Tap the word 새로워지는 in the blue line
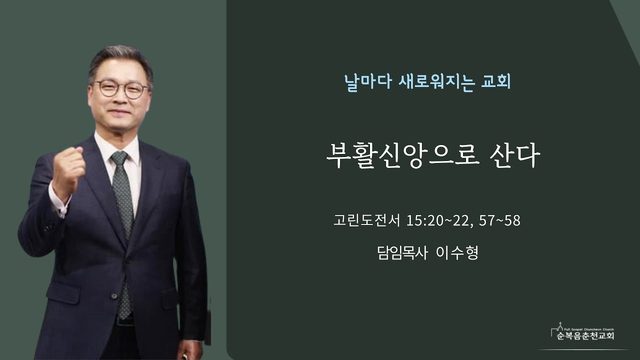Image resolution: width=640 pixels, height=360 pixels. (x=437, y=82)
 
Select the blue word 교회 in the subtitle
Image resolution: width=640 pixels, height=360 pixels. (x=496, y=81)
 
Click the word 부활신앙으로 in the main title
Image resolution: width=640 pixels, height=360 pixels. (x=402, y=155)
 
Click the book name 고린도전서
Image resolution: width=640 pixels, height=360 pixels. (x=367, y=220)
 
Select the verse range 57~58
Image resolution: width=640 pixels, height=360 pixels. (x=500, y=220)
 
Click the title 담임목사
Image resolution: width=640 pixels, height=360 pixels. (x=402, y=253)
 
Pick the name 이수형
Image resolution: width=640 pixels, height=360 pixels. (x=457, y=253)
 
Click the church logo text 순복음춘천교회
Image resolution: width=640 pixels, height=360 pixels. (x=585, y=336)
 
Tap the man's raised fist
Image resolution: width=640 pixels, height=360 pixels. (x=68, y=169)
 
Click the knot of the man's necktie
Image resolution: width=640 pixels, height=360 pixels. (x=120, y=158)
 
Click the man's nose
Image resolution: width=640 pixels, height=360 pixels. (x=120, y=97)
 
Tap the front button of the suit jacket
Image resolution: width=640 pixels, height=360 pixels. (x=115, y=296)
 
